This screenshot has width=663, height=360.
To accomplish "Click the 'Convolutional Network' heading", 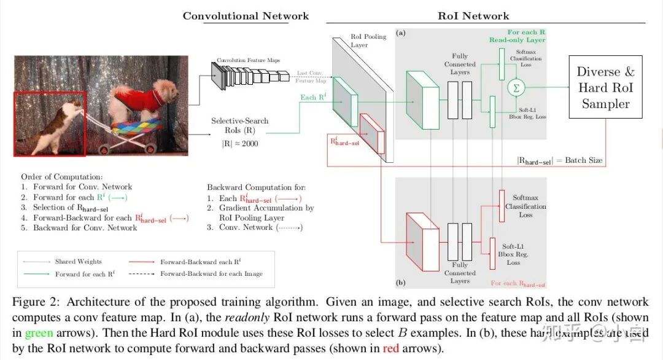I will coord(246,16).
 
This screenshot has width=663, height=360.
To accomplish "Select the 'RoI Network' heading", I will coord(473,16).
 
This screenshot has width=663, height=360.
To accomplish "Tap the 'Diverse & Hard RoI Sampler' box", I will coord(605,88).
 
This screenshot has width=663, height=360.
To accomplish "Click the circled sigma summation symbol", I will coord(516,88).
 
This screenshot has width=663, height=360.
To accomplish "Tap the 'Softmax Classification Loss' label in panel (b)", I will coord(525,206).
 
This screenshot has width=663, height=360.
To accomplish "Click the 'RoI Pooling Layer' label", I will coord(368,41).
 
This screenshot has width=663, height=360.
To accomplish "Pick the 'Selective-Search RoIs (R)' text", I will coord(239,125).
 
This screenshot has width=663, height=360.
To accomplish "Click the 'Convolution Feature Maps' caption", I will coord(248,60).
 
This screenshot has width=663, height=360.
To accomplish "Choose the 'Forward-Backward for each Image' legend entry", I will coord(211,274).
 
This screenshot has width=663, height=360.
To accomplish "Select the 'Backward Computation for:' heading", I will coord(256,187).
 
